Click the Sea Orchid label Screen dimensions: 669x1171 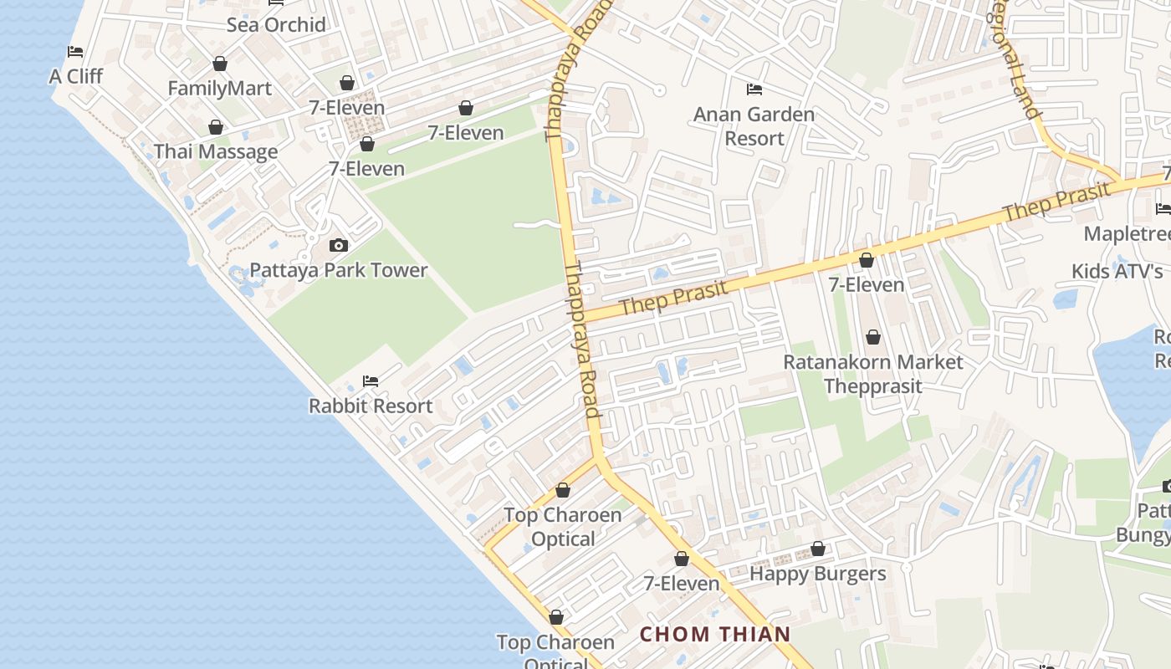click(276, 25)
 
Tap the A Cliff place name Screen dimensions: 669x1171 click(76, 77)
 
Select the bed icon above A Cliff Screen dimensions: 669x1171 click(75, 52)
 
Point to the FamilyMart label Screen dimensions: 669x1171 click(219, 89)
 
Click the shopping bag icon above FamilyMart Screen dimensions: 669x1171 click(220, 64)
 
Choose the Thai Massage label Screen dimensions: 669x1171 click(216, 152)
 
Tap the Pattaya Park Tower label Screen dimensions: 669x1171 click(339, 270)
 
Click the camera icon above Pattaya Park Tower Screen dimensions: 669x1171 click(339, 245)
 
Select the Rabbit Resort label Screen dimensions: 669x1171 click(371, 406)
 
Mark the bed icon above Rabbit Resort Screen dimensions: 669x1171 click(371, 381)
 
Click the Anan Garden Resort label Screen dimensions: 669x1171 click(754, 126)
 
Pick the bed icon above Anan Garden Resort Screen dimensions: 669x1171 click(754, 89)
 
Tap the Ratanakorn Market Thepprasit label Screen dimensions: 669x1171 click(873, 374)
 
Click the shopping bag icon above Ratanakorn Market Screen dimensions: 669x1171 click(873, 337)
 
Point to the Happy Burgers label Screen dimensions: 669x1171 click(817, 574)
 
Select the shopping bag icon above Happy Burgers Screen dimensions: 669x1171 click(818, 549)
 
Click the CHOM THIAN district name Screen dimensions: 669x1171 click(715, 634)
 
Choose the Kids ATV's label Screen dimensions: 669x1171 click(1117, 272)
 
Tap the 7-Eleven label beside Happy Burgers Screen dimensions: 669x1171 click(682, 584)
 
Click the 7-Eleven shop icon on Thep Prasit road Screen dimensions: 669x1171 click(867, 261)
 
